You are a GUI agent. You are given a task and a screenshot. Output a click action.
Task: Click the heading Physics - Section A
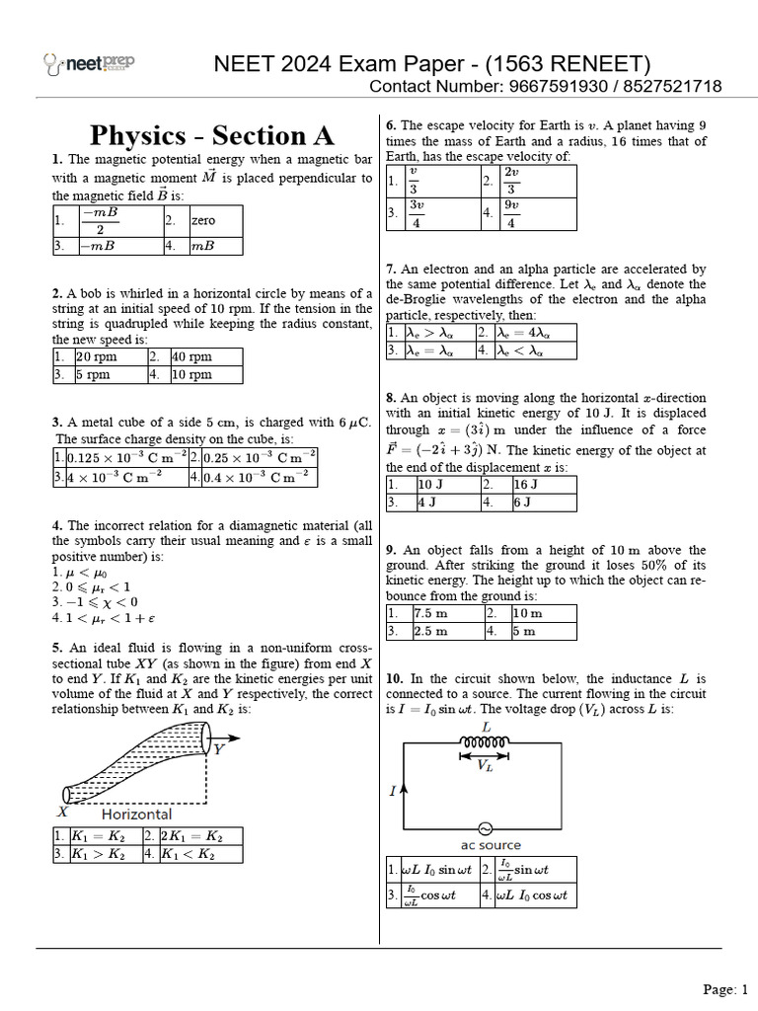212,134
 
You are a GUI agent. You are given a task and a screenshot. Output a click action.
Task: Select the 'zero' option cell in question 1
215,221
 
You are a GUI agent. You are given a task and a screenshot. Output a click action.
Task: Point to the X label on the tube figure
62,812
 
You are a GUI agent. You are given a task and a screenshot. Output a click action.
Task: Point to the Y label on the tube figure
218,749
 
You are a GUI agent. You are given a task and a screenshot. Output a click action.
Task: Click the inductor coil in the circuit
486,743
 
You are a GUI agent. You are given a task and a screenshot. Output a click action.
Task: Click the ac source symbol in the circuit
486,828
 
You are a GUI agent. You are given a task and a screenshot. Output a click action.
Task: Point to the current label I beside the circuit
393,791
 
